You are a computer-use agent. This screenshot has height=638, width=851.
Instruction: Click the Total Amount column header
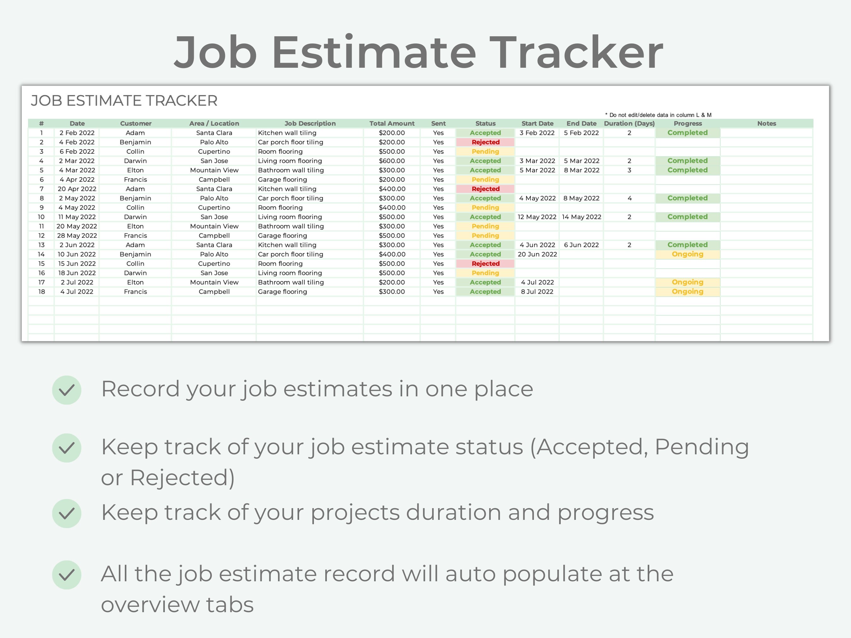392,124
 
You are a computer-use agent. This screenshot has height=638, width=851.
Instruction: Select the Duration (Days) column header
629,124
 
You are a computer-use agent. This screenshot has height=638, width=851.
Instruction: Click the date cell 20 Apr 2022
77,189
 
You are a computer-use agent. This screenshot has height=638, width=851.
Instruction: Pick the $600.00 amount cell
392,161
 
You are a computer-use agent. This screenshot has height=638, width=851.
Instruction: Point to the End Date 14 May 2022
581,217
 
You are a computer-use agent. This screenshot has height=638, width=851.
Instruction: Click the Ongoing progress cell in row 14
687,254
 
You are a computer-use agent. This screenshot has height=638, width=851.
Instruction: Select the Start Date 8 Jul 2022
537,291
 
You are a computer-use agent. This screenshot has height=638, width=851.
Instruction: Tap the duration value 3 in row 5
629,170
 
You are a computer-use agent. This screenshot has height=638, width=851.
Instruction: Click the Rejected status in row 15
485,263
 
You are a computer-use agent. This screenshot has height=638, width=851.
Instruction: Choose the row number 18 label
42,291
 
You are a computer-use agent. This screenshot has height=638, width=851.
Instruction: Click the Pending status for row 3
485,152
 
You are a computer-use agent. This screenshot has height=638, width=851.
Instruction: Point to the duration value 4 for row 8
629,198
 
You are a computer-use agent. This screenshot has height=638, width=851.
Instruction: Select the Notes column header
766,124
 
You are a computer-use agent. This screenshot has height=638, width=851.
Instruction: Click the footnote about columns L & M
658,115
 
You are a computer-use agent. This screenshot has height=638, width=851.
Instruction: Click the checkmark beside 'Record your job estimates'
67,390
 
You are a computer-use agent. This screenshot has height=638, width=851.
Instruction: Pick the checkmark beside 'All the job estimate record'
67,575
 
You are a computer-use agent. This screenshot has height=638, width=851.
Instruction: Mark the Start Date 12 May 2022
537,217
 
